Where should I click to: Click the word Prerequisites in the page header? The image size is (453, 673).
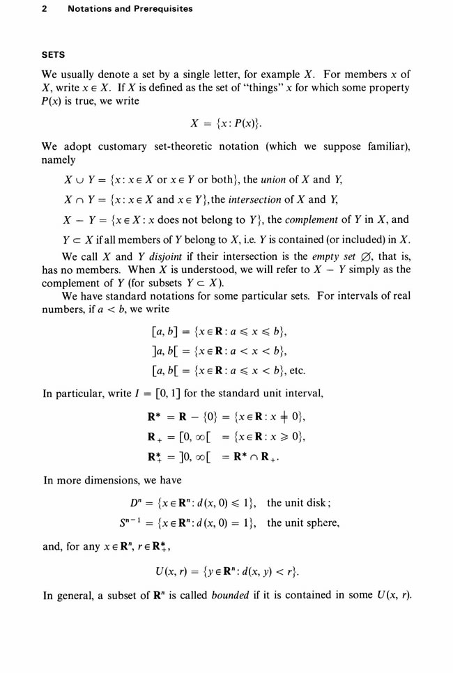tap(159, 9)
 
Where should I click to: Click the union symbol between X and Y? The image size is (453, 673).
tap(77, 180)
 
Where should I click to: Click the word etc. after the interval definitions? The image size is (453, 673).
tap(295, 369)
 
